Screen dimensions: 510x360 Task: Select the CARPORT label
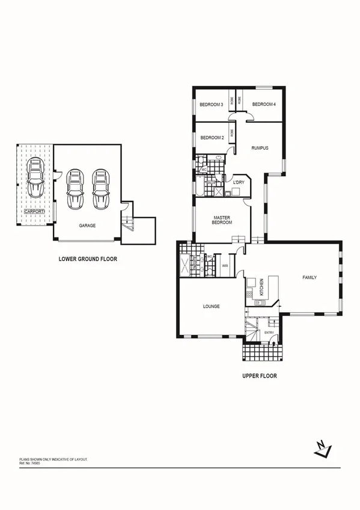tap(35, 212)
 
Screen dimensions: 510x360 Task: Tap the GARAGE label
tap(88, 226)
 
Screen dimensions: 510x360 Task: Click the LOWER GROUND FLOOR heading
tap(88, 260)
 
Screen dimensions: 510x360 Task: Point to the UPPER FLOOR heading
tap(259, 375)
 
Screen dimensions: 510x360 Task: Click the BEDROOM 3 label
tap(212, 105)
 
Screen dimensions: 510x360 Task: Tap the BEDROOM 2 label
tap(212, 138)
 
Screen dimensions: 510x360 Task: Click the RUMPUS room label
tap(260, 148)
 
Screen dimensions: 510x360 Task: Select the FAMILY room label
tap(309, 277)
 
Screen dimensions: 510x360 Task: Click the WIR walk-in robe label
tap(225, 265)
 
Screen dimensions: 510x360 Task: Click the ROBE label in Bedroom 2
tap(231, 134)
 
